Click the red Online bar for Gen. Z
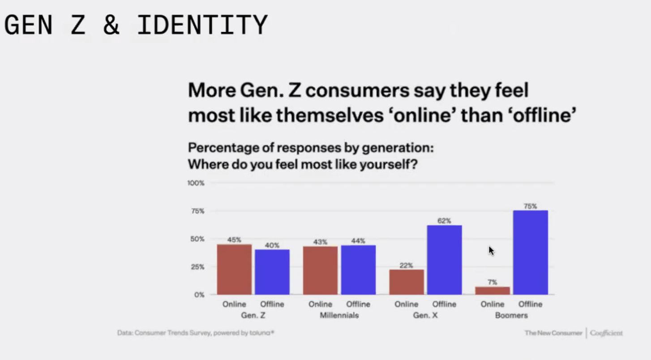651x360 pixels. [x=234, y=270]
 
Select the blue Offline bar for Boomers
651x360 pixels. [x=530, y=253]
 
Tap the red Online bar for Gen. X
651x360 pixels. [x=406, y=282]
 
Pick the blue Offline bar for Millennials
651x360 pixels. [x=358, y=270]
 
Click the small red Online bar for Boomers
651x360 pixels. [x=492, y=291]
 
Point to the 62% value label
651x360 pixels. [x=444, y=221]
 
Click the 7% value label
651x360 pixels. [x=492, y=282]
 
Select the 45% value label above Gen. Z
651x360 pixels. [x=234, y=240]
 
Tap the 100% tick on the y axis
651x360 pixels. [x=196, y=183]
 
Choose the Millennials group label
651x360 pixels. [x=339, y=315]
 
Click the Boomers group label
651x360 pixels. [x=511, y=315]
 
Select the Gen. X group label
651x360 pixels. [x=425, y=315]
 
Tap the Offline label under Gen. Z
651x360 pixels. [x=272, y=304]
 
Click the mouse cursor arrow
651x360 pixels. [x=491, y=250]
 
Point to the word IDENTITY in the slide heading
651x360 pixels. [x=202, y=25]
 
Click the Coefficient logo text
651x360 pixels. [x=606, y=333]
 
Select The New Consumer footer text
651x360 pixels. [x=553, y=333]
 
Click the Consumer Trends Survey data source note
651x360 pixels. [x=196, y=333]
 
